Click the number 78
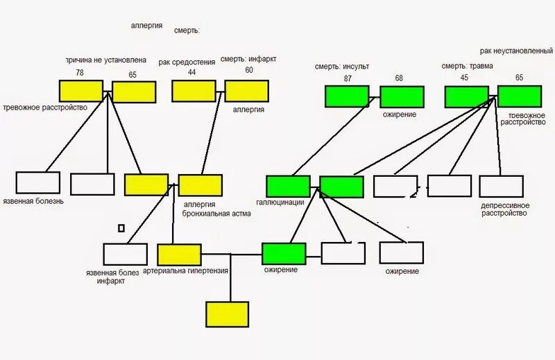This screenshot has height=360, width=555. (80, 72)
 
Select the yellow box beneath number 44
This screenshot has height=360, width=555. (194, 91)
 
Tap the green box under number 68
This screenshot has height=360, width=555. (402, 96)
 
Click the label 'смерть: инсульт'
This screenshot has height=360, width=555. (342, 67)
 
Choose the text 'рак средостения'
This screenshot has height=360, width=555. (186, 62)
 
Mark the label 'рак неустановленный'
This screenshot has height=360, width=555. (516, 51)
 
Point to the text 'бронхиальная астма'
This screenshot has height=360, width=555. (216, 214)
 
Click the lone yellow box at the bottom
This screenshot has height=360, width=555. (227, 314)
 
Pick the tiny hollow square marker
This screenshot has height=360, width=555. (121, 228)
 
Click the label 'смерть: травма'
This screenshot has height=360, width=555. (468, 67)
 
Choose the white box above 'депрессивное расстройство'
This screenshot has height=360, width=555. (501, 186)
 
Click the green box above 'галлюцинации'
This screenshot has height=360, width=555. (288, 187)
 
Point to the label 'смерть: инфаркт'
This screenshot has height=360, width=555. (248, 60)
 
